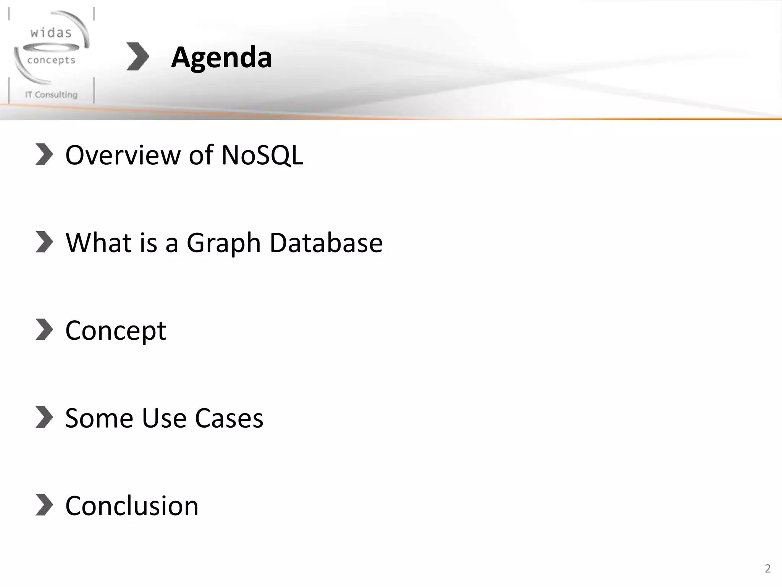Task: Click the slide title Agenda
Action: (x=221, y=57)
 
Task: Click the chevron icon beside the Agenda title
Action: (x=137, y=57)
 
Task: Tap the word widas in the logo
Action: (x=51, y=33)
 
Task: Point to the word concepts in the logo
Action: (x=52, y=60)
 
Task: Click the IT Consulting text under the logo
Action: (x=51, y=94)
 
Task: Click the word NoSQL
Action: (x=262, y=155)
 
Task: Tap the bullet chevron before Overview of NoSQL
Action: (x=44, y=154)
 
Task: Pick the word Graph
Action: (x=223, y=243)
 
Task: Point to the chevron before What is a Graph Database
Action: (x=44, y=242)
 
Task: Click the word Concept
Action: (x=116, y=330)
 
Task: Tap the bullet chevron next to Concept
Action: (x=44, y=329)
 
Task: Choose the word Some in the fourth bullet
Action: (x=99, y=418)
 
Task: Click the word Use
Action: (x=164, y=418)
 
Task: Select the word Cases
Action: (x=229, y=418)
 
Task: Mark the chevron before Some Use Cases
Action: (x=44, y=417)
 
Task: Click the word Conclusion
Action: (x=132, y=506)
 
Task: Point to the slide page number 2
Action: (x=767, y=568)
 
